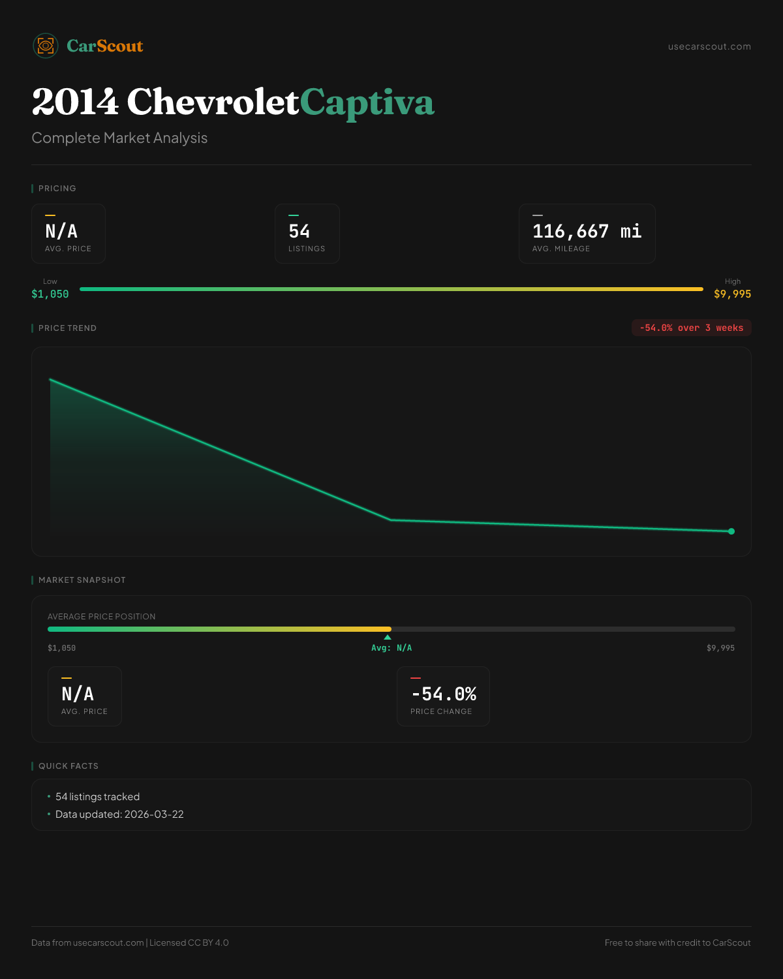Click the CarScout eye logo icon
click(46, 46)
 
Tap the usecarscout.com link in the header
click(709, 46)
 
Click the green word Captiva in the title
click(367, 102)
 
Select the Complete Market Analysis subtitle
click(119, 138)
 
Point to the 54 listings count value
click(299, 231)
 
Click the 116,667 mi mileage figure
click(587, 231)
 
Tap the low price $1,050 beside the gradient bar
click(50, 294)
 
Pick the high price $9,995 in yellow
click(732, 294)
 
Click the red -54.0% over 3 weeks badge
click(691, 328)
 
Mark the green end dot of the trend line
click(731, 531)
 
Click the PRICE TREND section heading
click(67, 328)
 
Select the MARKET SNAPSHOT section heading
click(82, 580)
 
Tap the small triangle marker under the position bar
click(388, 637)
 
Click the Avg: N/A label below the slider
click(391, 648)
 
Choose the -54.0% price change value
click(444, 694)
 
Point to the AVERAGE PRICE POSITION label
click(101, 617)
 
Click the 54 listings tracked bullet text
click(97, 797)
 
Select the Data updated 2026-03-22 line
click(119, 815)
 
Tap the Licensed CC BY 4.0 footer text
click(189, 942)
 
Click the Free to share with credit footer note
click(677, 942)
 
